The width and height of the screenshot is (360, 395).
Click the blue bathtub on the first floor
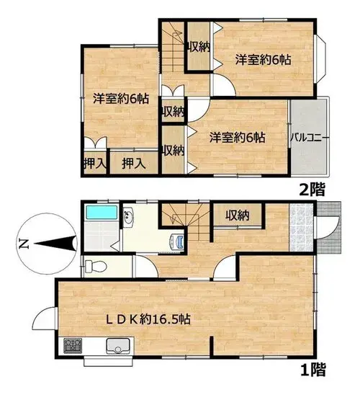click(102, 213)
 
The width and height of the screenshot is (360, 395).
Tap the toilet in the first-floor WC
click(95, 267)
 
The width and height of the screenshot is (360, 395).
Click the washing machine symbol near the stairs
click(178, 242)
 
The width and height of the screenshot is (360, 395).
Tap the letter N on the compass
click(23, 244)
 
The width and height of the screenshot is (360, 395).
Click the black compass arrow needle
click(55, 244)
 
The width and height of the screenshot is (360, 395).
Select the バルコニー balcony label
click(310, 138)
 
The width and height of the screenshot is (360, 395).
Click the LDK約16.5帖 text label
click(148, 319)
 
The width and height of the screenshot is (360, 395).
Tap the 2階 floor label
click(312, 190)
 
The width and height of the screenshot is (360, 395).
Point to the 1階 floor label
click(313, 370)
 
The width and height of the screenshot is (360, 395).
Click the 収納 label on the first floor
click(238, 215)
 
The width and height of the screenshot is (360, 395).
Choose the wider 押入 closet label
click(134, 164)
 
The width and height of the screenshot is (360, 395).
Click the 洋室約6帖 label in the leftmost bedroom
click(121, 99)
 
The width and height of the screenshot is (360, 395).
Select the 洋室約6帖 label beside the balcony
click(237, 138)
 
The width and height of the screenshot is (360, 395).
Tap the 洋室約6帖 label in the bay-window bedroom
click(263, 60)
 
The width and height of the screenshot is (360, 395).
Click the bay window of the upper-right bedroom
click(320, 58)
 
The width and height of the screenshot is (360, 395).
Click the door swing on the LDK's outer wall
click(43, 318)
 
